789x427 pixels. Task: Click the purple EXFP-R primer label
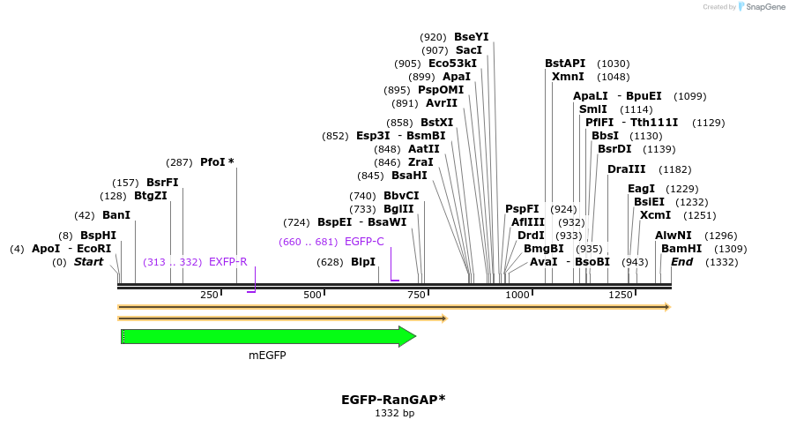pyautogui.click(x=227, y=262)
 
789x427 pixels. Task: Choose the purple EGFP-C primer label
pyautogui.click(x=364, y=242)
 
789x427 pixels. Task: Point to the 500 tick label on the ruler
pyautogui.click(x=312, y=295)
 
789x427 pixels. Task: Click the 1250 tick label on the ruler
pyautogui.click(x=620, y=295)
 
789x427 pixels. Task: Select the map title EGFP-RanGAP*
pyautogui.click(x=393, y=399)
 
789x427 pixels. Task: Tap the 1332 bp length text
pyautogui.click(x=394, y=413)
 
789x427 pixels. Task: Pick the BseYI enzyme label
pyautogui.click(x=471, y=37)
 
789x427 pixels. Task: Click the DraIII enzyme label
pyautogui.click(x=626, y=169)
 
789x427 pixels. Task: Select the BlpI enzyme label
pyautogui.click(x=363, y=262)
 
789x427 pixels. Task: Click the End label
pyautogui.click(x=681, y=262)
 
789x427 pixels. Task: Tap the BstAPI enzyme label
pyautogui.click(x=565, y=64)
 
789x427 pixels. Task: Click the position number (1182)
pyautogui.click(x=674, y=169)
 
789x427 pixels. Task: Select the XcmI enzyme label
pyautogui.click(x=655, y=215)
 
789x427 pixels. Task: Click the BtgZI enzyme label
pyautogui.click(x=150, y=196)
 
